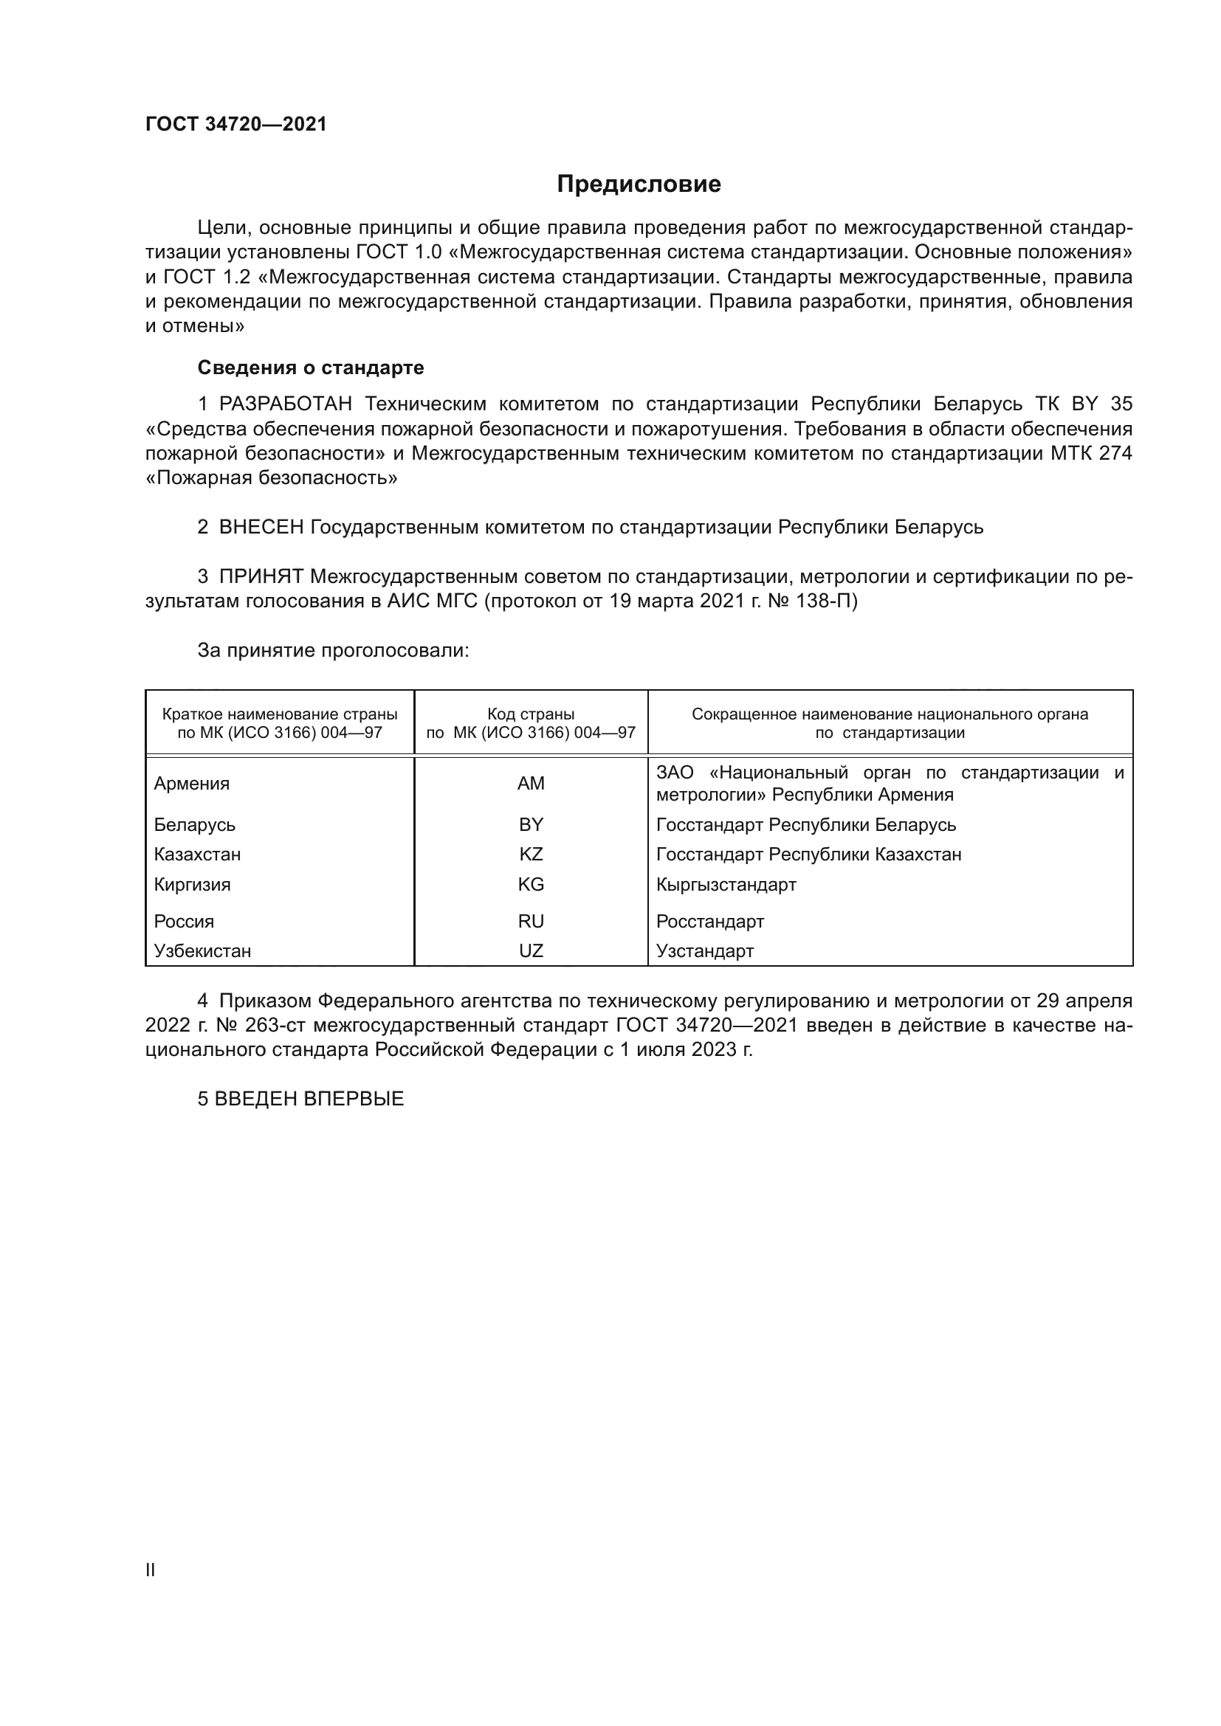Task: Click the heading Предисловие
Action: click(x=639, y=184)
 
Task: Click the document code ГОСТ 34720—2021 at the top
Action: click(x=236, y=125)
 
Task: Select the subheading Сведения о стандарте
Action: click(x=311, y=367)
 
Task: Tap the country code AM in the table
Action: click(x=531, y=784)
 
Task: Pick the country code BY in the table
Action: click(x=531, y=825)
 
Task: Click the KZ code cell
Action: click(x=531, y=854)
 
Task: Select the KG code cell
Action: click(x=531, y=884)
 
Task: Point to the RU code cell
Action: click(x=531, y=921)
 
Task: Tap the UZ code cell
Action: click(x=531, y=951)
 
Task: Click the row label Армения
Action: click(x=192, y=784)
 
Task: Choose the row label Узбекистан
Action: click(x=202, y=951)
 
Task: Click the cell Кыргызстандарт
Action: click(x=726, y=884)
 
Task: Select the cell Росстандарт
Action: click(x=709, y=921)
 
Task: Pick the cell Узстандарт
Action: click(x=704, y=951)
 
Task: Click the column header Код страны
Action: click(x=531, y=714)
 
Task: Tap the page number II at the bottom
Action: click(x=151, y=1570)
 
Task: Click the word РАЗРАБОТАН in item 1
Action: click(x=286, y=404)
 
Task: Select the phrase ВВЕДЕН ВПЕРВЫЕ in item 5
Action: click(x=309, y=1099)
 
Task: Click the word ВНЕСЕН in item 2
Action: click(x=261, y=528)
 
